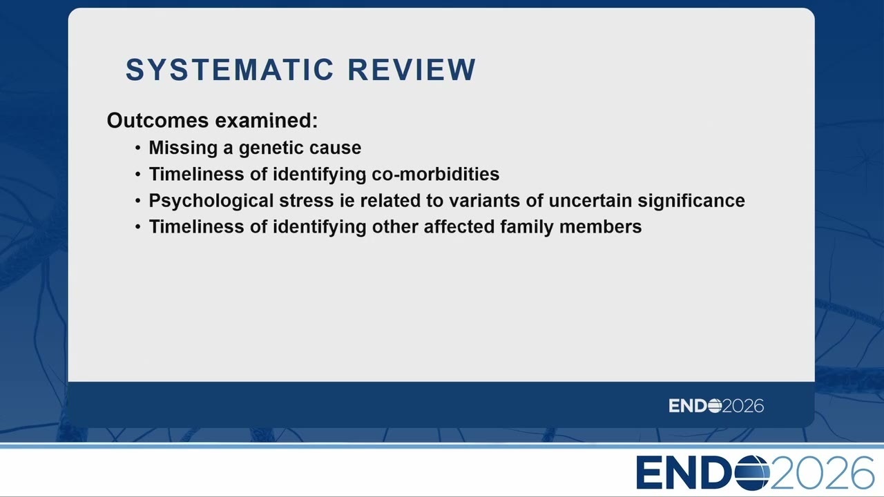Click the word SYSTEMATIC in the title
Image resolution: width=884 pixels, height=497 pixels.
tap(230, 70)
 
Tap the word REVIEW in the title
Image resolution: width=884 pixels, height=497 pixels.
tap(412, 70)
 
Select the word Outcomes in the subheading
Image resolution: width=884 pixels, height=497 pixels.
tap(157, 120)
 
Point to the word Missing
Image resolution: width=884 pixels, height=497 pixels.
tap(183, 148)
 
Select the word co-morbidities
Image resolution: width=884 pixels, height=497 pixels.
tap(435, 174)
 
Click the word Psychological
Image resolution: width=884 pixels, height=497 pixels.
tap(211, 201)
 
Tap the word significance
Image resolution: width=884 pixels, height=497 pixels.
tap(691, 201)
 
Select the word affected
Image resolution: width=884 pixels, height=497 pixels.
tap(459, 227)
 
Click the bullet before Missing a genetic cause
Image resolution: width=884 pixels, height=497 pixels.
tap(137, 148)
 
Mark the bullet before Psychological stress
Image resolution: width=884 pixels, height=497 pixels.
tap(137, 201)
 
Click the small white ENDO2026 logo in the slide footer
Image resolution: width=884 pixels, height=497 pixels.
tap(716, 406)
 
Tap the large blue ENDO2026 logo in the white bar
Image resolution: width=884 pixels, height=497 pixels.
tap(755, 473)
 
